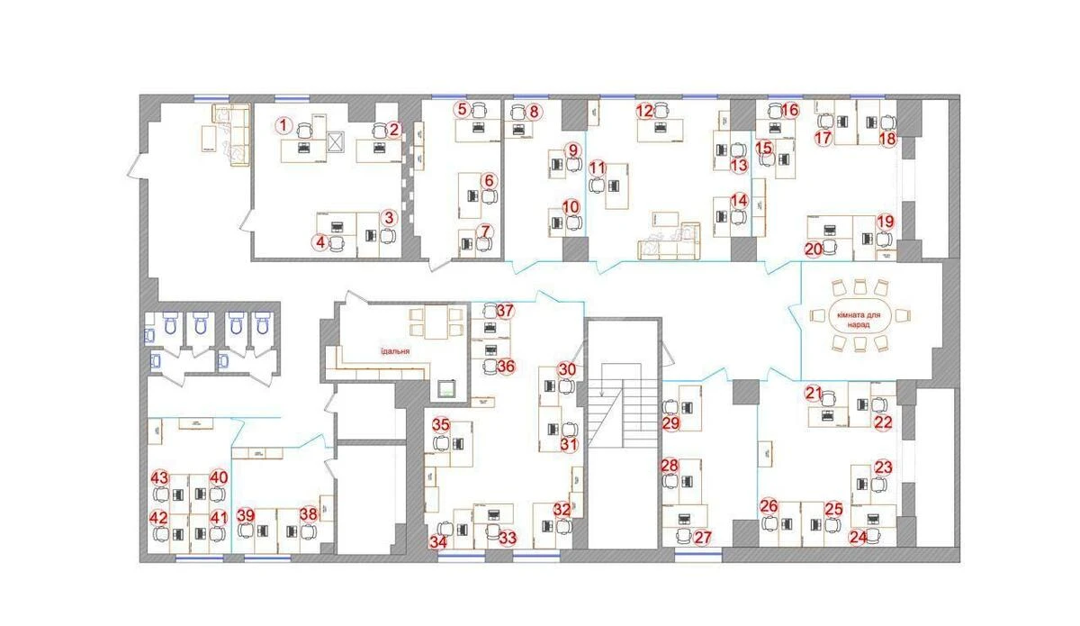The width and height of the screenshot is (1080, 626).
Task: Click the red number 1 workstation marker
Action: (x=283, y=125)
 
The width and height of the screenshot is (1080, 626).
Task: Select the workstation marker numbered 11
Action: (x=597, y=168)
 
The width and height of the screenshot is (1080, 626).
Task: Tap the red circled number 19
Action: (x=885, y=221)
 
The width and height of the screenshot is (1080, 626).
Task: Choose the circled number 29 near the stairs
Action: (x=670, y=423)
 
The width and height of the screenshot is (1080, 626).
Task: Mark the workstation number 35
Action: (x=440, y=423)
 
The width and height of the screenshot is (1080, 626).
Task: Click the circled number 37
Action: (x=505, y=311)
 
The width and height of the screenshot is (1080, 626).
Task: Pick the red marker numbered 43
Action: (x=160, y=477)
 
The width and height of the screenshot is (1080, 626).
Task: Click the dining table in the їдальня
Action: (x=429, y=322)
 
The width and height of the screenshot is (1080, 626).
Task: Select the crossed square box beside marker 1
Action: (x=337, y=141)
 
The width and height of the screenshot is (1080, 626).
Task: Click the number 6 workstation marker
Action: (x=489, y=180)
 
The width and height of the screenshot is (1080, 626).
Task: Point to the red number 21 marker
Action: (x=814, y=393)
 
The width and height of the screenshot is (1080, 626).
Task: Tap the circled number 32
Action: (x=562, y=509)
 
